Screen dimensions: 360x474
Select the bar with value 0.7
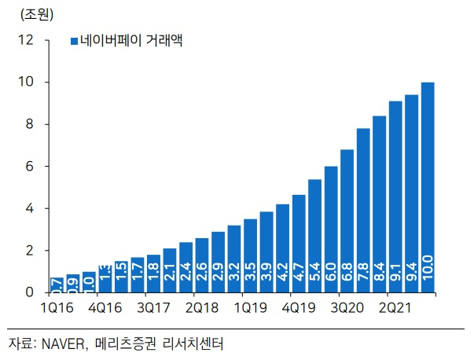[57, 285]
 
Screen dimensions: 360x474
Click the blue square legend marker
[74, 41]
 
